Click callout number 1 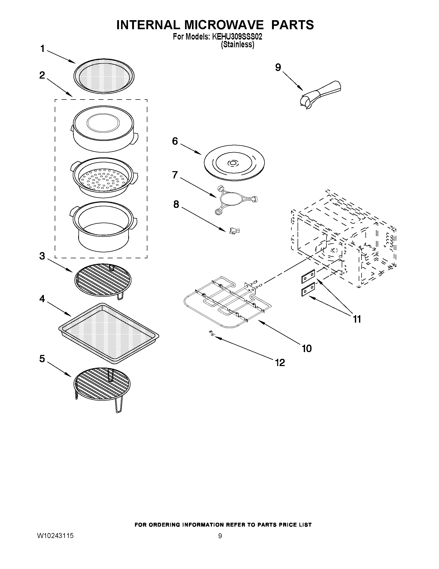tap(42, 49)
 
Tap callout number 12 tap(280, 363)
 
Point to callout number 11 tap(357, 319)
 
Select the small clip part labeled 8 tap(234, 231)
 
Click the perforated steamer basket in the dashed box tap(103, 177)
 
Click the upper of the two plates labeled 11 tap(308, 276)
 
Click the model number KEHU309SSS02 tap(237, 37)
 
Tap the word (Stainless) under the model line tap(237, 44)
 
